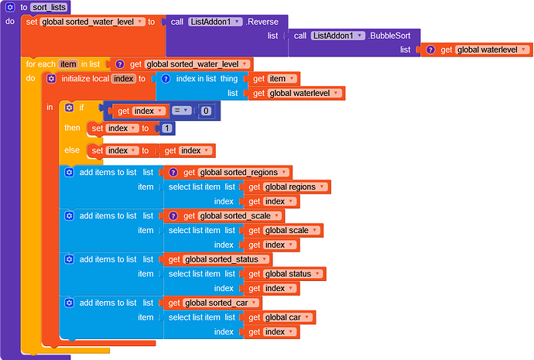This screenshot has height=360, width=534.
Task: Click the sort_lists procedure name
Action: [x=49, y=7]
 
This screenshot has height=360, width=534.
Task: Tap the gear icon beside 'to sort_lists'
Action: [x=10, y=7]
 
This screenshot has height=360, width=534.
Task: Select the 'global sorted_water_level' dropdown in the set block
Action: [x=92, y=22]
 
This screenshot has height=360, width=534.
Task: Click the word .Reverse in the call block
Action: [x=262, y=22]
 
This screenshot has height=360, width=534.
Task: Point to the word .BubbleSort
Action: [x=389, y=36]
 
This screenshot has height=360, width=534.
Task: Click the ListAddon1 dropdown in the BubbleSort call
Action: [x=338, y=36]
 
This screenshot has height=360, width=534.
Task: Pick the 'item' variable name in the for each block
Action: [x=68, y=64]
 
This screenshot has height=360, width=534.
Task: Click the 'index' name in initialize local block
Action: [x=123, y=79]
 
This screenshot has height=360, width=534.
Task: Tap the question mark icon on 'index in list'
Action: [x=166, y=79]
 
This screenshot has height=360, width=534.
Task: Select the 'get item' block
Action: [x=274, y=79]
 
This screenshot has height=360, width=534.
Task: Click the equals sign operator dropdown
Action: [x=181, y=111]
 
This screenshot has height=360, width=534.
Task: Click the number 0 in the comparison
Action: [x=205, y=111]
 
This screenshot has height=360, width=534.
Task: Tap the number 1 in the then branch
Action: [x=166, y=129]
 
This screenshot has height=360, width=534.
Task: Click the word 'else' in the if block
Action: [x=72, y=150]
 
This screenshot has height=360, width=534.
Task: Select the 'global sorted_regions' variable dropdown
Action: [x=243, y=173]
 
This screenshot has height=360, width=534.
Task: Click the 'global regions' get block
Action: [x=287, y=187]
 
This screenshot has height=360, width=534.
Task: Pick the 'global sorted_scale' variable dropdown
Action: [x=239, y=216]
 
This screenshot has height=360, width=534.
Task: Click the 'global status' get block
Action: [x=285, y=274]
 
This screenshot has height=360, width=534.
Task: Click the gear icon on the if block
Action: [x=70, y=108]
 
